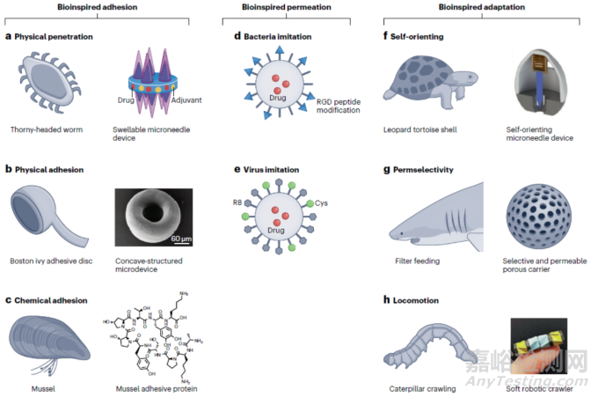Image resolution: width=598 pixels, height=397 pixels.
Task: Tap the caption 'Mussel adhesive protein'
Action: tap(149, 388)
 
